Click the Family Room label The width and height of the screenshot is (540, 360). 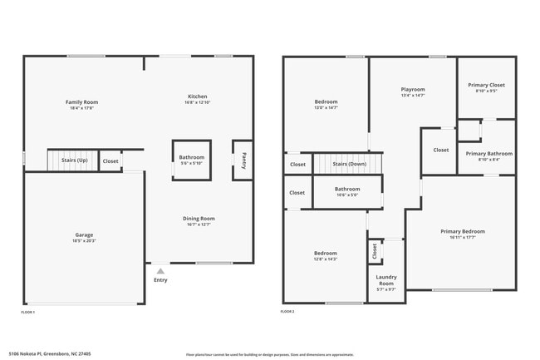coord(81,102)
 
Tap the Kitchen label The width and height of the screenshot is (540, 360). coord(197,96)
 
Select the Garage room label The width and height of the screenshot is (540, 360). coord(84,235)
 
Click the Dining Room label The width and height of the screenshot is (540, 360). coord(199,219)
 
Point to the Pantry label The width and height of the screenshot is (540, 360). coord(243,160)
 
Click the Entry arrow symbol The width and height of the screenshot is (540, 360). coord(160,270)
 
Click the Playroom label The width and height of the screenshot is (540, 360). coord(413,90)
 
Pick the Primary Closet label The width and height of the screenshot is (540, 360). coord(486,85)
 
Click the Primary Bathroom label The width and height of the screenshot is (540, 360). coord(488,154)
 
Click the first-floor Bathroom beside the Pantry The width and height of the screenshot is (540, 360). coord(192,157)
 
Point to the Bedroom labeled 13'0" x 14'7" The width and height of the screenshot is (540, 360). coord(326,102)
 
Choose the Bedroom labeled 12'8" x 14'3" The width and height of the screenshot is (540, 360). coord(325,254)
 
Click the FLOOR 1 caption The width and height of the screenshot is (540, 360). coord(28,312)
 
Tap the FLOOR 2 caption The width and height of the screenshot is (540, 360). coord(287,312)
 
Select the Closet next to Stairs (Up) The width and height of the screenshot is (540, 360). coord(110,161)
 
